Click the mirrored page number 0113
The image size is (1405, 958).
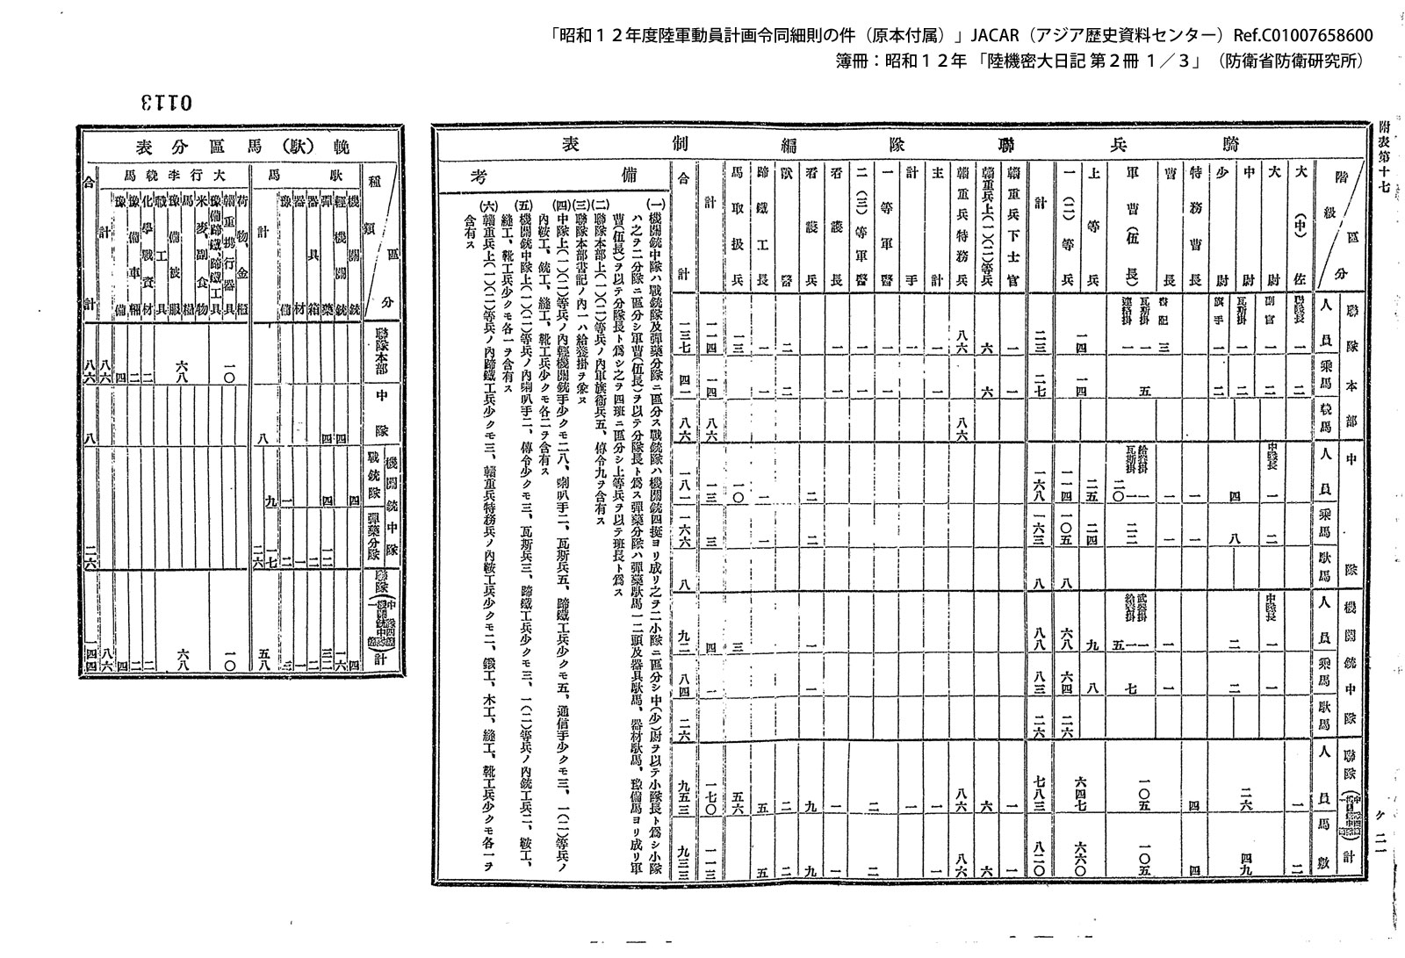tap(166, 102)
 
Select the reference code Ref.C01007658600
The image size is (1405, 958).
tap(1302, 35)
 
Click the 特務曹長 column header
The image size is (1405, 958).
tap(1193, 227)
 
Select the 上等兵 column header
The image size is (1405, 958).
tap(1092, 227)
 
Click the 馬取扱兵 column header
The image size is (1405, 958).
tap(738, 227)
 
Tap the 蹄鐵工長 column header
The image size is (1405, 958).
tap(762, 227)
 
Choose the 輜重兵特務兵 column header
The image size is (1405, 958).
tap(963, 227)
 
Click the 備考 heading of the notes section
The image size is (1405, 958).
tap(553, 174)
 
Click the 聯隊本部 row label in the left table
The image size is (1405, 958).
tap(382, 351)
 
